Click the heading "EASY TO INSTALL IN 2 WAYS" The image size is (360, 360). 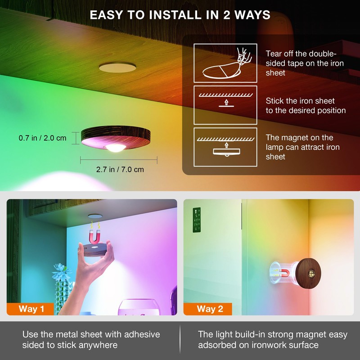tap(180, 15)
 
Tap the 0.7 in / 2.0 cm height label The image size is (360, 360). tap(42, 138)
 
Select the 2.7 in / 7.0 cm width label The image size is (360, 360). tap(120, 170)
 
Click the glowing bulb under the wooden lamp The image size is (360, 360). tap(116, 148)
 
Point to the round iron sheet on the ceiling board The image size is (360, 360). tap(117, 67)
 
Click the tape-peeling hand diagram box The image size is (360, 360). tap(225, 63)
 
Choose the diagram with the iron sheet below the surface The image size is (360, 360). tap(225, 105)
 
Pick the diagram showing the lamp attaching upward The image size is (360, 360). tap(225, 147)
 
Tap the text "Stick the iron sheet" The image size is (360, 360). tap(300, 101)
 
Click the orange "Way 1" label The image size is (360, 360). tap(30, 309)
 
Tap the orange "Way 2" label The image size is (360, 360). tap(208, 309)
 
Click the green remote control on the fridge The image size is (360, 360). tap(197, 220)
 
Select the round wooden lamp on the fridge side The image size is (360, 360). tap(308, 273)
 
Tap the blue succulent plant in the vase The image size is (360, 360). tap(61, 273)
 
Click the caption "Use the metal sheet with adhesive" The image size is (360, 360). tap(91, 334)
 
